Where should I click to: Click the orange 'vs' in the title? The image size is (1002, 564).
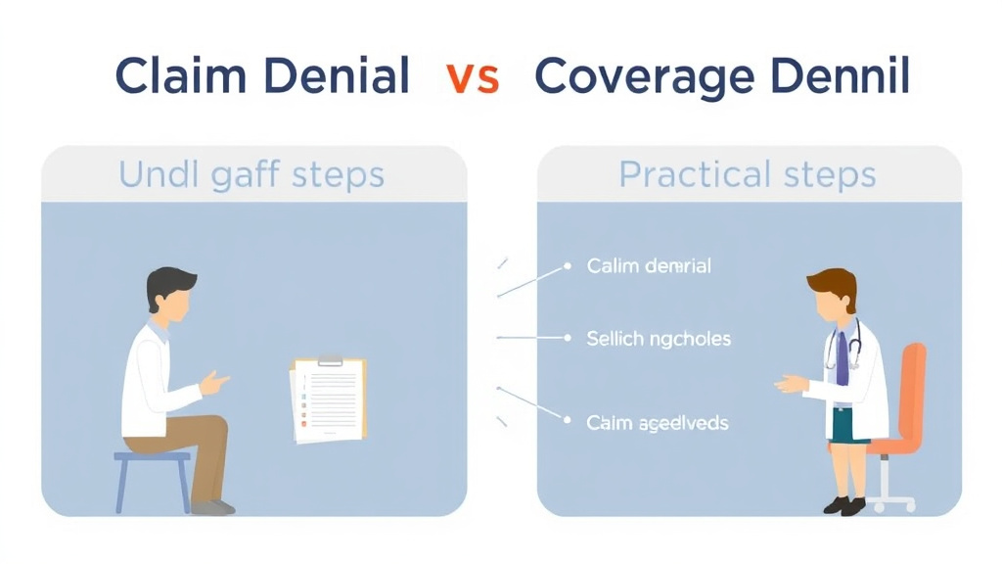472,77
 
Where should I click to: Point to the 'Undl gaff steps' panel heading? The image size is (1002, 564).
251,175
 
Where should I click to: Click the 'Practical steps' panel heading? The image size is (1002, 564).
747,175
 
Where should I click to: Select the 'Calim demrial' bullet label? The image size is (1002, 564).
649,266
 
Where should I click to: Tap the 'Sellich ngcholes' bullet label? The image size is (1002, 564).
659,339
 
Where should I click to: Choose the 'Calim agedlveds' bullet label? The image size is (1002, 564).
657,423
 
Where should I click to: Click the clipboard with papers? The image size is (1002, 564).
329,399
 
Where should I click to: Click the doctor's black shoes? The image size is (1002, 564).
843,505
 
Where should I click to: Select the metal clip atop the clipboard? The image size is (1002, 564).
330,360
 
